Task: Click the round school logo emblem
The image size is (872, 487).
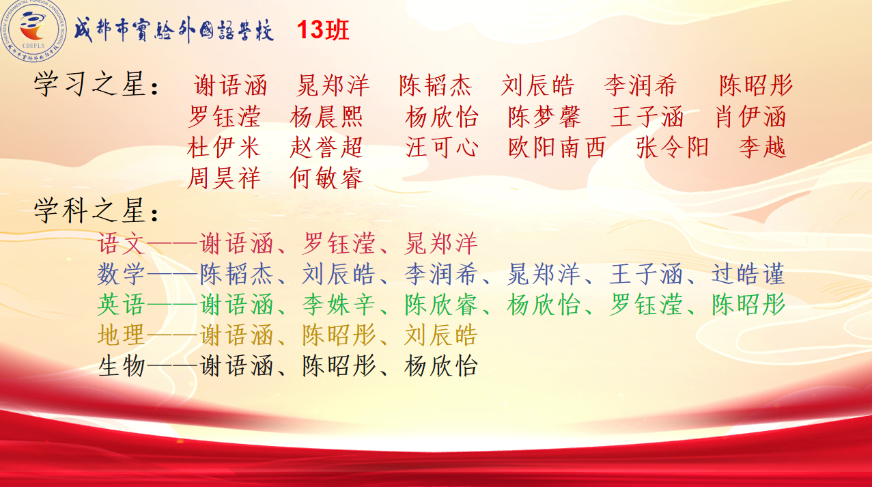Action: [x=34, y=31]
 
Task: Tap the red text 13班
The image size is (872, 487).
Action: [x=323, y=30]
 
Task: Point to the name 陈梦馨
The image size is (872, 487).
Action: [x=545, y=117]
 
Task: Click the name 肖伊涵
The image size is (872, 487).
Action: [x=751, y=117]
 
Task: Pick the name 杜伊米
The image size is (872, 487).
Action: [x=223, y=148]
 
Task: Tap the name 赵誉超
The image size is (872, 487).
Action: [x=326, y=148]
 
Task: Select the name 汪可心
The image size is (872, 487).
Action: [x=442, y=148]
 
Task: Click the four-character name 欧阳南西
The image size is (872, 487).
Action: [x=557, y=148]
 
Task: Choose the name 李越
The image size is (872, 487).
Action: [x=762, y=148]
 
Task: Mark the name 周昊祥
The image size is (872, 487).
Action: [x=223, y=178]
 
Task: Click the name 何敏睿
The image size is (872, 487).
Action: [x=326, y=178]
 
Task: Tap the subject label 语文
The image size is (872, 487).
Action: [x=121, y=244]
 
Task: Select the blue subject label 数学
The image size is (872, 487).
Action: [x=121, y=274]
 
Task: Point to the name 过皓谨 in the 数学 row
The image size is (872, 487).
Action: [x=748, y=274]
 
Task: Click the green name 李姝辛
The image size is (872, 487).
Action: [x=338, y=305]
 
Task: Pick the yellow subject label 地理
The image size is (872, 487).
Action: [x=121, y=335]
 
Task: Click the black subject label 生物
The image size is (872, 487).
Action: [x=121, y=366]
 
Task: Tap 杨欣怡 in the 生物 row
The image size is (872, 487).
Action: [x=441, y=366]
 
